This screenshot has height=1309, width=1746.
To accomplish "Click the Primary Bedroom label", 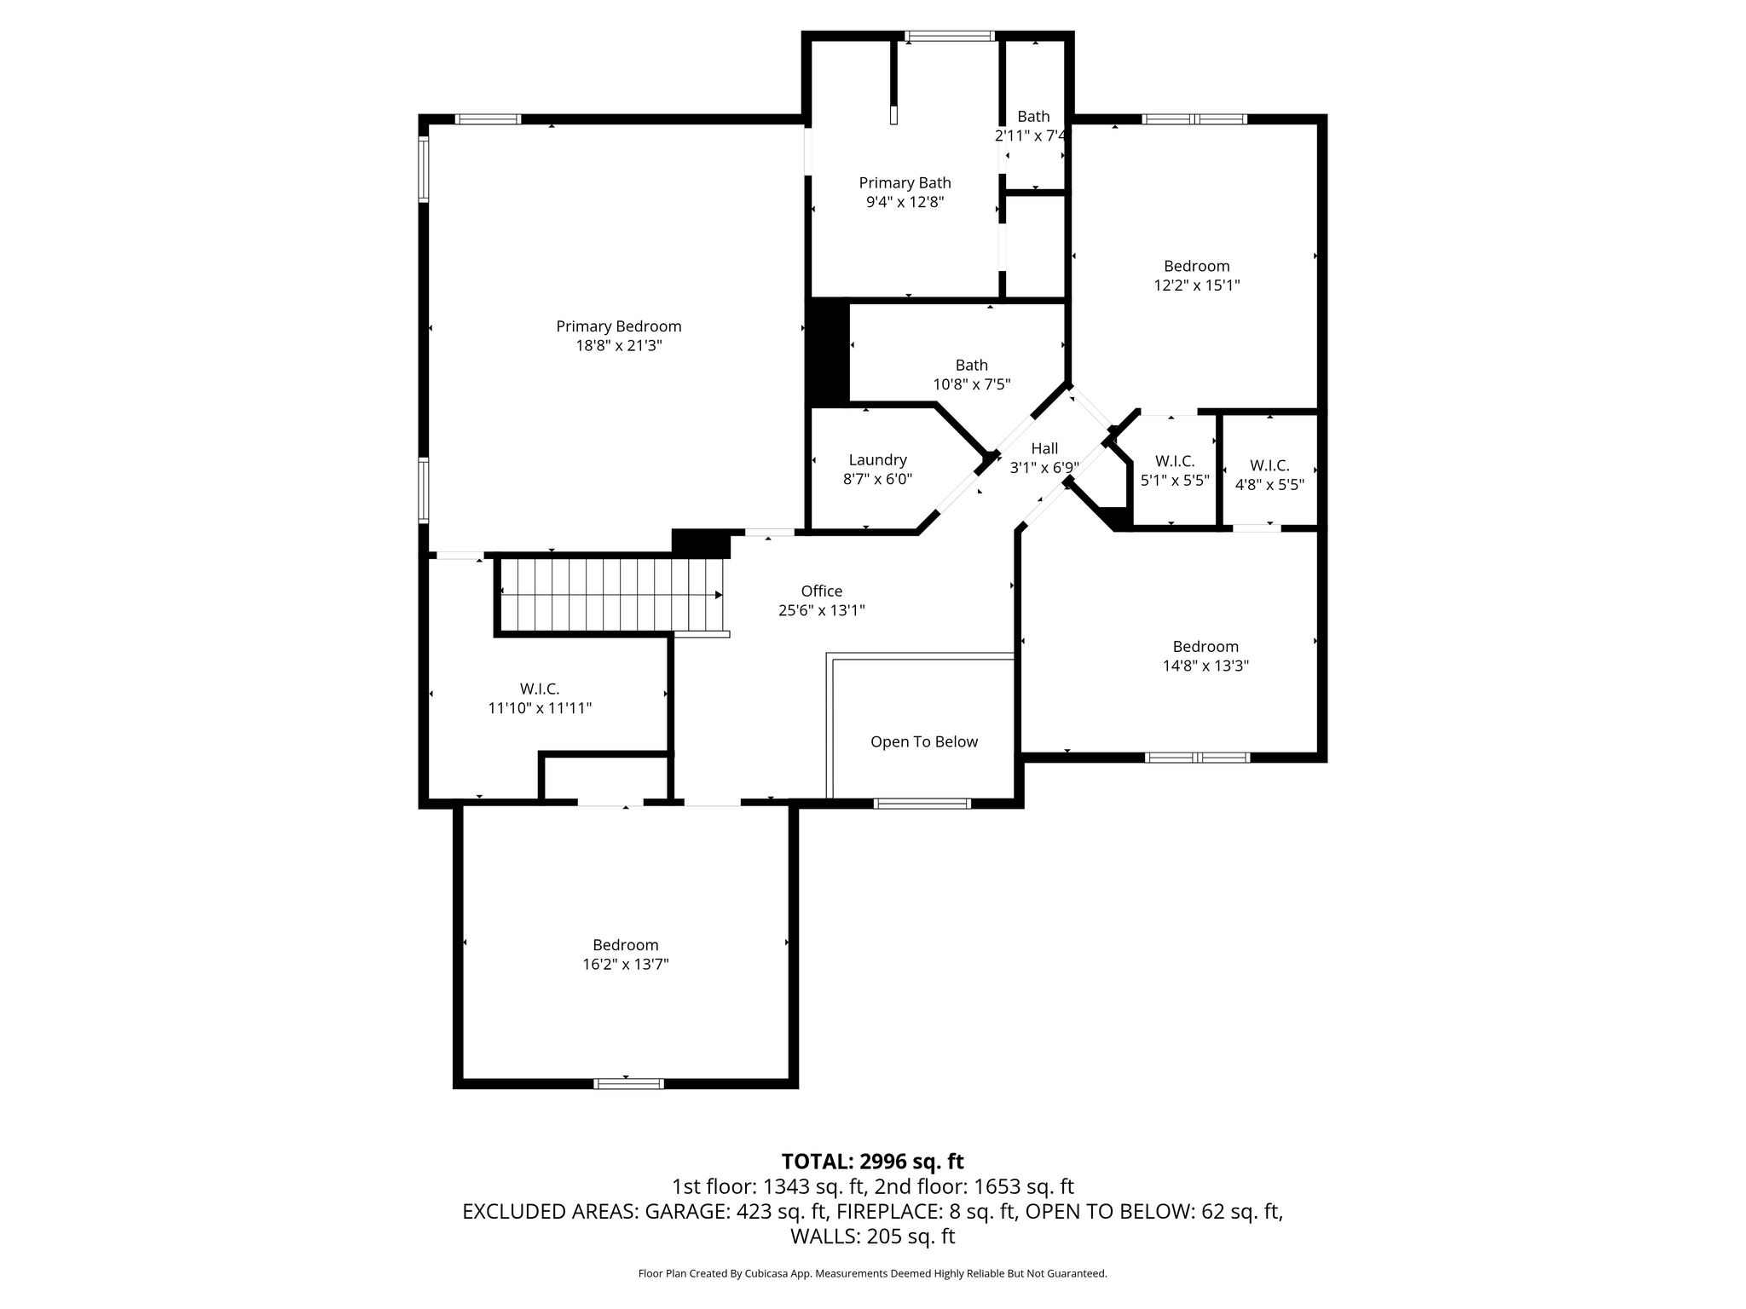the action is (x=619, y=326).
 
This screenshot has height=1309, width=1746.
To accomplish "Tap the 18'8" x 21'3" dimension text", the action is (x=619, y=346).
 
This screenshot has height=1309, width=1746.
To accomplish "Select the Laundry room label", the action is (x=877, y=460).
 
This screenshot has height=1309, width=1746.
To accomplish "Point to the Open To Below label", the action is (x=924, y=742).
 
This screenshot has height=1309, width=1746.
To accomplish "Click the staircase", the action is (x=611, y=595).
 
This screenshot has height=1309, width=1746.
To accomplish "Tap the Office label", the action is (x=822, y=591).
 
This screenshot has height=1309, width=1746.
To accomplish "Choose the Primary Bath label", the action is (x=905, y=183).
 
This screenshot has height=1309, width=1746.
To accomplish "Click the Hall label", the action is (x=1044, y=448).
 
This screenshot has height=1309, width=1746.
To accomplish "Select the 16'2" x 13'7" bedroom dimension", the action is (x=626, y=965).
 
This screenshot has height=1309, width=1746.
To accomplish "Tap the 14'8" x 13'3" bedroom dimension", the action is (x=1205, y=666).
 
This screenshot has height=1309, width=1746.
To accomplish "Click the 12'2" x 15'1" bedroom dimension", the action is (x=1197, y=285).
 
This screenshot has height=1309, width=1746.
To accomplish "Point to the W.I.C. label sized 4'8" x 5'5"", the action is (x=1269, y=465).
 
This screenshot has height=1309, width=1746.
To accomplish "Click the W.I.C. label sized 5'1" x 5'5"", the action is (x=1175, y=461).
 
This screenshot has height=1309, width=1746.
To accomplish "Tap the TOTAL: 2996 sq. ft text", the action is (x=873, y=1162).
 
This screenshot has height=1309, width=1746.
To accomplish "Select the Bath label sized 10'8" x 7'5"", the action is (x=972, y=365).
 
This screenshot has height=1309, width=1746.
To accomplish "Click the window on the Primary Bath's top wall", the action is (x=950, y=36).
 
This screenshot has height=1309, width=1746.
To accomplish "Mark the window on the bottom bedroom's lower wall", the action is (x=628, y=1083).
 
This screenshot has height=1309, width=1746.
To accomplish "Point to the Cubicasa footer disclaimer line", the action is (x=873, y=1274).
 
